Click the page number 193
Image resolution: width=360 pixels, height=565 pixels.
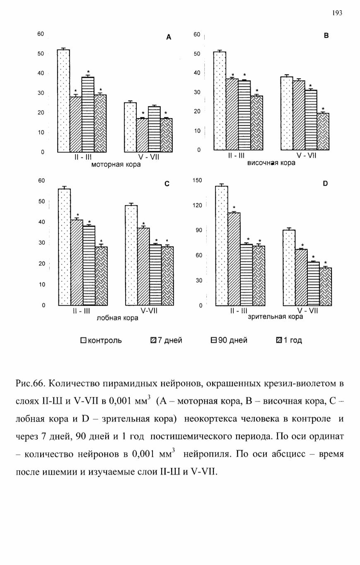(x=337, y=13)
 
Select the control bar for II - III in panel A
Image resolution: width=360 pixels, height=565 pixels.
(x=63, y=101)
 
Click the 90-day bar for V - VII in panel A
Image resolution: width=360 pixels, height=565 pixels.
(x=154, y=129)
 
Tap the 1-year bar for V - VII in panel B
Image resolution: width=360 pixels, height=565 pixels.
(x=323, y=132)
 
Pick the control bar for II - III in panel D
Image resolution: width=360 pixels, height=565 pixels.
(x=222, y=246)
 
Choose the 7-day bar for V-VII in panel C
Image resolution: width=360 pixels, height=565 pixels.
(x=143, y=267)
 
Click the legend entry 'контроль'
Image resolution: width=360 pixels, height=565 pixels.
(x=101, y=340)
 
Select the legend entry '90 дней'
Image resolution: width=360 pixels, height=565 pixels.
(x=229, y=340)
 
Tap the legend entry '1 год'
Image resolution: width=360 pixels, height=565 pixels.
(x=289, y=340)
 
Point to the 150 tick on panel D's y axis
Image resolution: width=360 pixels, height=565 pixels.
(x=197, y=180)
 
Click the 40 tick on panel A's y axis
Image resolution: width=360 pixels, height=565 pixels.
(x=41, y=73)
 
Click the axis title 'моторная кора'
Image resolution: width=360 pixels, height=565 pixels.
(x=116, y=165)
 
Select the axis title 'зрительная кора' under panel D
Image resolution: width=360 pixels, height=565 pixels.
(x=275, y=317)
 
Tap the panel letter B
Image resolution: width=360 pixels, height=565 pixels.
(x=326, y=36)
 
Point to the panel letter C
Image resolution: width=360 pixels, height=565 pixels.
(x=167, y=184)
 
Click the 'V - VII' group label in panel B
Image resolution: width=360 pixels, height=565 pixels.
(x=307, y=155)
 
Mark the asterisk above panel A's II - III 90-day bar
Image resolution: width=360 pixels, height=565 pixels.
(x=88, y=72)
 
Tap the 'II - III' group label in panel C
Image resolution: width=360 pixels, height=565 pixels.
(x=81, y=311)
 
